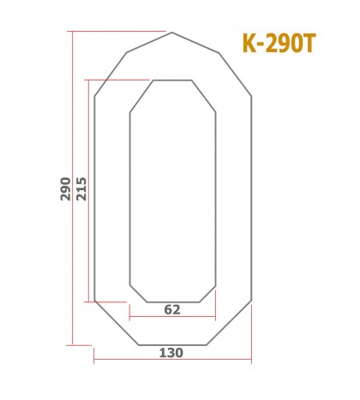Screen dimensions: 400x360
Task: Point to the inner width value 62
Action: [x=171, y=310]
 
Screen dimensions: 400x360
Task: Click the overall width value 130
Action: [x=171, y=352]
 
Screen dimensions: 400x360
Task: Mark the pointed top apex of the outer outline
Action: [x=172, y=33]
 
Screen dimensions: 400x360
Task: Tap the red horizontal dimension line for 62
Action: [x=171, y=318]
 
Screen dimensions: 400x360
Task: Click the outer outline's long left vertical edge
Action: [x=94, y=197]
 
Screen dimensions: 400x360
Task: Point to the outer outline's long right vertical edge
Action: [x=251, y=197]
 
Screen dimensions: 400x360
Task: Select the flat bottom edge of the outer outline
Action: [x=171, y=344]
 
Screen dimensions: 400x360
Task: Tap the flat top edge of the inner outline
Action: [x=172, y=81]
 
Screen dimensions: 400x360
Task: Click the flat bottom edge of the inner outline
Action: [x=172, y=302]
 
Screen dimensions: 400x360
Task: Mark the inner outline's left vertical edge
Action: [x=129, y=197]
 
